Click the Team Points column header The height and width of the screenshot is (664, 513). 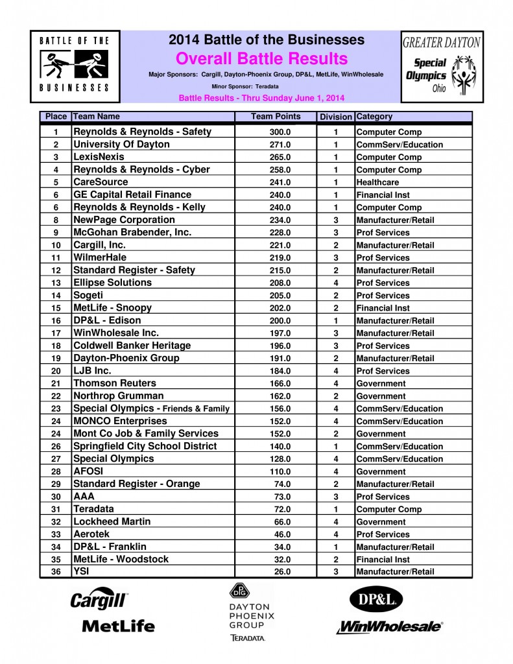coord(276,117)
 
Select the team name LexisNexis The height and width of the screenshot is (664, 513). coord(99,157)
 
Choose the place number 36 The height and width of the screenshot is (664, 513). coord(56,572)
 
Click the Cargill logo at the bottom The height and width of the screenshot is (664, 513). coord(100,600)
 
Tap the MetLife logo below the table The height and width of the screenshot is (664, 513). coord(119,626)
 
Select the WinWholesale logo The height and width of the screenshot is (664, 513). coord(390,627)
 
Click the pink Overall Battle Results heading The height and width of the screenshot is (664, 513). coord(262,59)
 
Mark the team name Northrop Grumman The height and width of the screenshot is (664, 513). coord(118,396)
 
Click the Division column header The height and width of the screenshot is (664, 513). coord(336,117)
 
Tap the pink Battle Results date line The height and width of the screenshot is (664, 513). coord(261,98)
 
